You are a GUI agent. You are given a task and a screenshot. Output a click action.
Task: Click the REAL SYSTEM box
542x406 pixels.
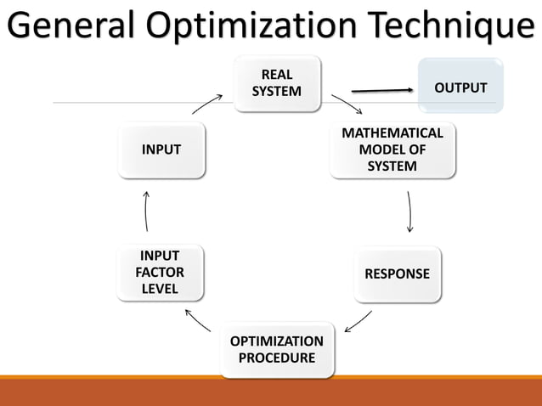pyautogui.click(x=277, y=83)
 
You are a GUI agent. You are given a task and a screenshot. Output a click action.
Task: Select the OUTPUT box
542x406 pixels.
pyautogui.click(x=460, y=88)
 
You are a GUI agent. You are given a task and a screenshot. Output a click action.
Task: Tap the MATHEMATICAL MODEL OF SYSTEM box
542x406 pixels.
pyautogui.click(x=392, y=150)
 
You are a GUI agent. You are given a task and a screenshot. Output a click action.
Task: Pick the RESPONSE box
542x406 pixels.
pyautogui.click(x=397, y=274)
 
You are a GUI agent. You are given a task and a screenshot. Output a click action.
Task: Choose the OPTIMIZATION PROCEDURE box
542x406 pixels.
pyautogui.click(x=276, y=349)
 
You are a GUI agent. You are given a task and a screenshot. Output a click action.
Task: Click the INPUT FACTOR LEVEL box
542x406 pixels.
pyautogui.click(x=160, y=273)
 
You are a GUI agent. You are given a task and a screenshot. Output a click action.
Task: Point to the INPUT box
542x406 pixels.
pyautogui.click(x=161, y=149)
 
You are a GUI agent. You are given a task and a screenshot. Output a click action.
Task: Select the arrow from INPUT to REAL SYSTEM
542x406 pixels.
pyautogui.click(x=206, y=104)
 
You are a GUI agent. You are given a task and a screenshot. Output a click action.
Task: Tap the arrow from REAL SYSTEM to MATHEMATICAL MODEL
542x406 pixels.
pyautogui.click(x=347, y=104)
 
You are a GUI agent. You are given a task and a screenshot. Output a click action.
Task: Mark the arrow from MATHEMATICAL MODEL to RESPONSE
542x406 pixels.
pyautogui.click(x=410, y=211)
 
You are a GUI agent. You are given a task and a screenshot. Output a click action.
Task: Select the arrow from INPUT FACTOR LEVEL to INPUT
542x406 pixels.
pyautogui.click(x=147, y=211)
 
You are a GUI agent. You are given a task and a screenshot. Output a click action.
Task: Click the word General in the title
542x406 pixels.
pyautogui.click(x=70, y=25)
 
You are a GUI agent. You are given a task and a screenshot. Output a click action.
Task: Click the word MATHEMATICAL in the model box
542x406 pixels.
pyautogui.click(x=392, y=134)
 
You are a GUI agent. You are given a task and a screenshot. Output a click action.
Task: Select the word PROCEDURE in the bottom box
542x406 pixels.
pyautogui.click(x=276, y=358)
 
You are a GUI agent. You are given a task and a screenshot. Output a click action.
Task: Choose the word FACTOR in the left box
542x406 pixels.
pyautogui.click(x=160, y=273)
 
